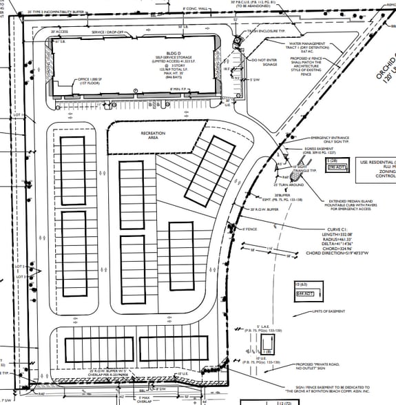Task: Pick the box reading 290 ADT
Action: coord(334,167)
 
